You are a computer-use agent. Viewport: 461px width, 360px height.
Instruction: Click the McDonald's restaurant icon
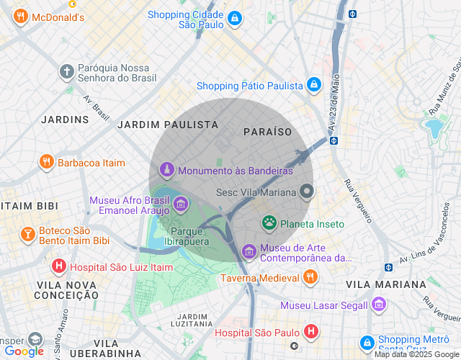[x=21, y=17]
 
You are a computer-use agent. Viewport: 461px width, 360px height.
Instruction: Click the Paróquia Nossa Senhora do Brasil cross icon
[x=66, y=71]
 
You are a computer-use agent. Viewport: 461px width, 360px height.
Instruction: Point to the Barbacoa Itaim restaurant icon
[x=47, y=162]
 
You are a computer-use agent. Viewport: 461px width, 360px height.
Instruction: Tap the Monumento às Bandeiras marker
[x=167, y=171]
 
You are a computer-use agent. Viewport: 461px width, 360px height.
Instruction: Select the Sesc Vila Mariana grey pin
[x=307, y=192]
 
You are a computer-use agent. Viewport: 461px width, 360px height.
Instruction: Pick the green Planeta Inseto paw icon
[x=269, y=223]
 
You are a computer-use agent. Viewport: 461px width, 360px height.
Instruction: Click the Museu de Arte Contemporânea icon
[x=249, y=251]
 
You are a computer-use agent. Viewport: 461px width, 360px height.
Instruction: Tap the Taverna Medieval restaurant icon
[x=310, y=277]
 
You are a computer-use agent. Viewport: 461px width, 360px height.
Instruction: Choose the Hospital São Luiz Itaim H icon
[x=59, y=267]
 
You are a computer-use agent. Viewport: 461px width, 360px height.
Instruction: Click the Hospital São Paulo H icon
[x=310, y=332]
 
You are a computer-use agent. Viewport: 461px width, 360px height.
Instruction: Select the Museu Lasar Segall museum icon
[x=379, y=305]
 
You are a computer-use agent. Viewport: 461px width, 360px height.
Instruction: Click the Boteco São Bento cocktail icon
[x=27, y=235]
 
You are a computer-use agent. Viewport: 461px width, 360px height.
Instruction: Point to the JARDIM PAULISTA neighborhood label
[x=168, y=125]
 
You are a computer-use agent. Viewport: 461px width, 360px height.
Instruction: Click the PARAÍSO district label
[x=268, y=132]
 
